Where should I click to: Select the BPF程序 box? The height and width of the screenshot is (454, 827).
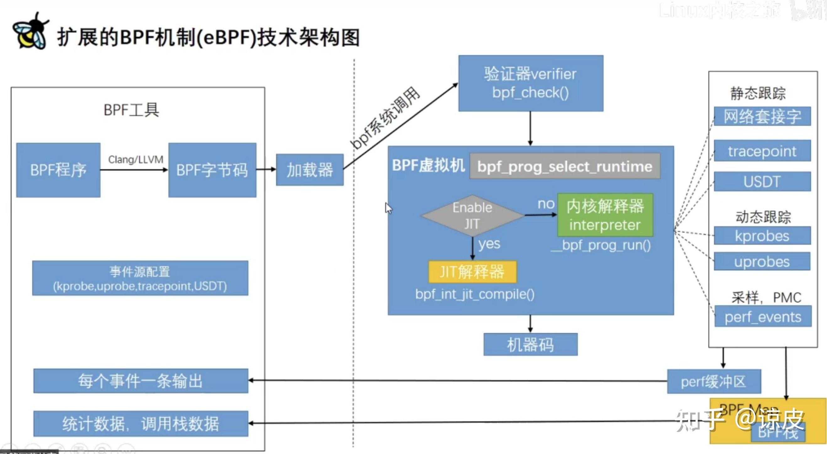[58, 170]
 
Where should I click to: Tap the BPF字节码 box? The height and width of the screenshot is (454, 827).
[212, 170]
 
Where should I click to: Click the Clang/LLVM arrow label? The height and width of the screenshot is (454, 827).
[136, 159]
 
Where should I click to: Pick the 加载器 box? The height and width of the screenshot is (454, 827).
[309, 170]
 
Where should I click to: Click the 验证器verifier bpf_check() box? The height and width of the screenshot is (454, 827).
[530, 83]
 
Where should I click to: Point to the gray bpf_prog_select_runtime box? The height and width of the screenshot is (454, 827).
[564, 166]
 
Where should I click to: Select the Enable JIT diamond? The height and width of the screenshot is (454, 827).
[472, 216]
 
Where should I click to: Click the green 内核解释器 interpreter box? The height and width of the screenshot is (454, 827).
[605, 215]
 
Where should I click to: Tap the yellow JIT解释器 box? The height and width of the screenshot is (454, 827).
[472, 272]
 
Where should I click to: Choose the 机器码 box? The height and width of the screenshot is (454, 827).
[530, 345]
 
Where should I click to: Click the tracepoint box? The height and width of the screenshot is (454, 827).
[762, 151]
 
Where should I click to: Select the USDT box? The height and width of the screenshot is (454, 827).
[762, 181]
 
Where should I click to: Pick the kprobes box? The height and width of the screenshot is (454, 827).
[762, 236]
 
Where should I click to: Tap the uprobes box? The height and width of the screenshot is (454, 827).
[762, 261]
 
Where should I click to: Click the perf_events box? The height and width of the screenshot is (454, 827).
[763, 316]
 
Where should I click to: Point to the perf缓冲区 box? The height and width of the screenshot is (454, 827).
[714, 382]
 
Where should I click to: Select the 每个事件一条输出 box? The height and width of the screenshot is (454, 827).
[141, 381]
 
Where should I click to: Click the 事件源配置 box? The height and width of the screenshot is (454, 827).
[140, 278]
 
